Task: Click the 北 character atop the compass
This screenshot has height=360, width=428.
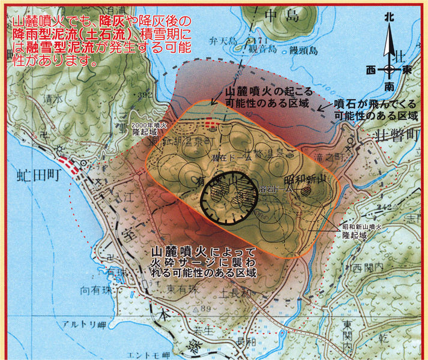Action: (389, 18)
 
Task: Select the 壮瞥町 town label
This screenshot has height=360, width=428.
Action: (394, 133)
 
